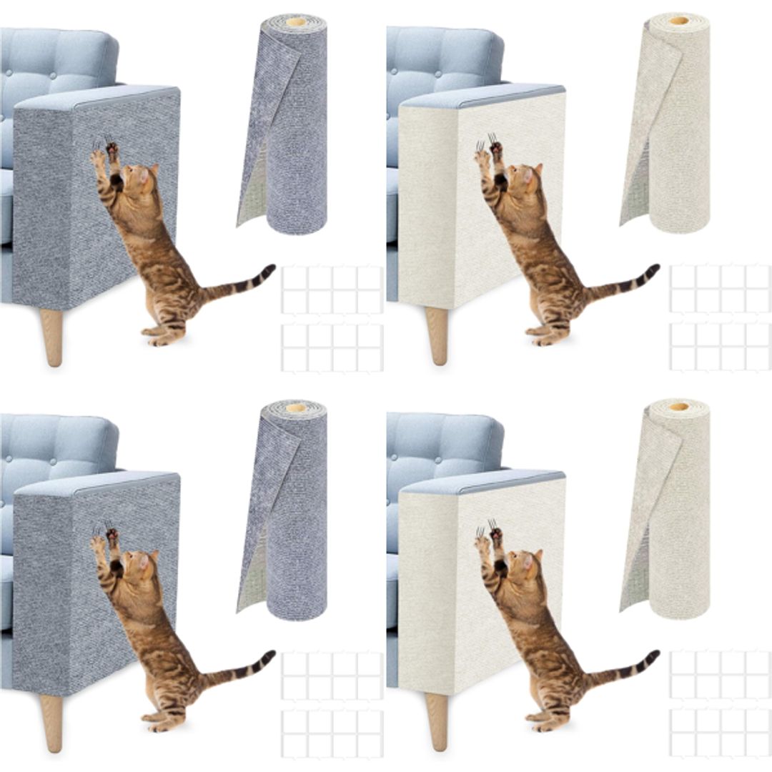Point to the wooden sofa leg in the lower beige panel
click(437, 722)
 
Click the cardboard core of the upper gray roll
click(295, 22)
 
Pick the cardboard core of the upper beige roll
click(679, 21)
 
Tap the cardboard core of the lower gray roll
click(295, 408)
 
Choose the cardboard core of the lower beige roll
click(679, 407)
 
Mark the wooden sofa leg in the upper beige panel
click(437, 336)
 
